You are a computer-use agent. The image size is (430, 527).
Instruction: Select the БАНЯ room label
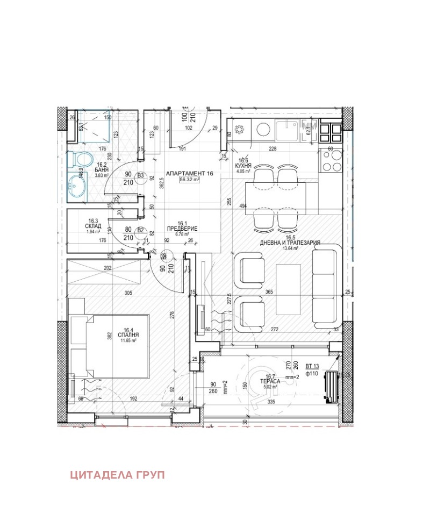pyautogui.click(x=102, y=170)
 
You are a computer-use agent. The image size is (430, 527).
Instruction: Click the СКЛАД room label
pyautogui.click(x=93, y=226)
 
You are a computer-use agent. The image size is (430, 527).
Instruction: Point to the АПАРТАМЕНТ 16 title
pyautogui.click(x=190, y=174)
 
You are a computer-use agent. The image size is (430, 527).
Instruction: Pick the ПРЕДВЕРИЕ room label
pyautogui.click(x=183, y=229)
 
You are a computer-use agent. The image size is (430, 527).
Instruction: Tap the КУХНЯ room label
pyautogui.click(x=243, y=166)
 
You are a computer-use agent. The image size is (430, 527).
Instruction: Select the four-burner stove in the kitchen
pyautogui.click(x=332, y=159)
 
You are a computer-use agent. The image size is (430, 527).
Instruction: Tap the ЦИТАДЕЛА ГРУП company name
pyautogui.click(x=117, y=475)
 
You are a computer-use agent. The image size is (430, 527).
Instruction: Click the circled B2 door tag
pyautogui.click(x=141, y=230)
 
